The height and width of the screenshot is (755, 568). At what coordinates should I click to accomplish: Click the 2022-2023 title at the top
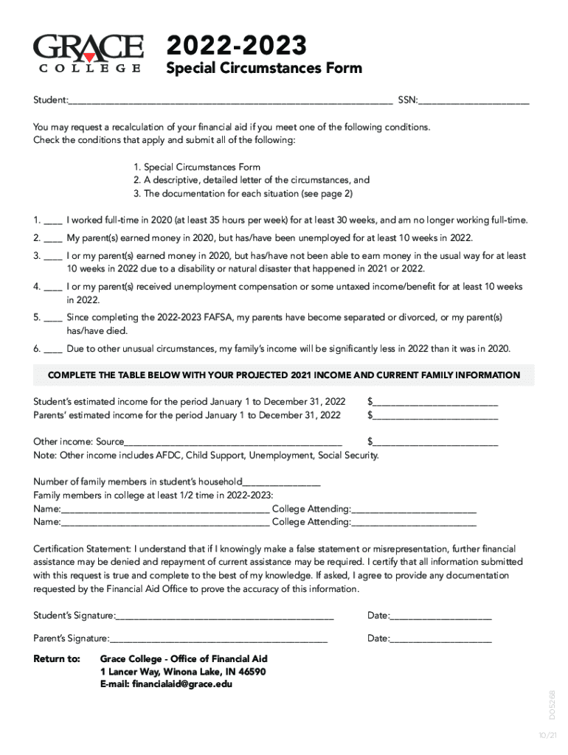click(x=237, y=46)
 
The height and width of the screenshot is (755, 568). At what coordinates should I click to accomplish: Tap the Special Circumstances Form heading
click(x=264, y=69)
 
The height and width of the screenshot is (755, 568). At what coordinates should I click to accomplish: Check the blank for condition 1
click(x=53, y=220)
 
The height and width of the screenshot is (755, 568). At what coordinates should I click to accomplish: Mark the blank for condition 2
click(x=53, y=238)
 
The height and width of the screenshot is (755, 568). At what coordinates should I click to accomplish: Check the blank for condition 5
click(x=53, y=317)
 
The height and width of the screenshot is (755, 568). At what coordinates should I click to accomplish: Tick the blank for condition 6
click(x=53, y=349)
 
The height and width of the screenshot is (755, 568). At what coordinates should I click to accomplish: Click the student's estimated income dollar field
click(x=435, y=403)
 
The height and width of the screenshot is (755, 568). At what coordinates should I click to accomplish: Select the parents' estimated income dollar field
click(x=435, y=416)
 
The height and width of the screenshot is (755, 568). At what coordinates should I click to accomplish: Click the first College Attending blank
click(x=414, y=509)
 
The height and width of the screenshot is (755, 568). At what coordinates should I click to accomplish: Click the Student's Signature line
click(x=225, y=616)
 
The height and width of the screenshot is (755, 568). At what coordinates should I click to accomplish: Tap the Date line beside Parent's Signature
click(x=440, y=639)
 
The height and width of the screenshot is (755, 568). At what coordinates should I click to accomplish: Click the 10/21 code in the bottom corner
click(x=547, y=736)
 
